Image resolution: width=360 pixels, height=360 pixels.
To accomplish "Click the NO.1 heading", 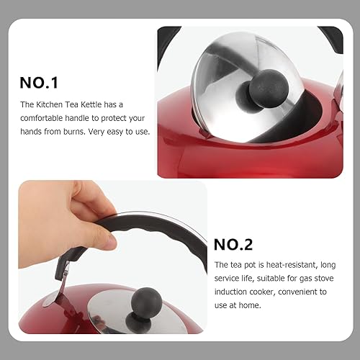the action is coord(39,83).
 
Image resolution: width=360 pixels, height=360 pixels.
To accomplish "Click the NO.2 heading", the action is coord(233,245).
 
